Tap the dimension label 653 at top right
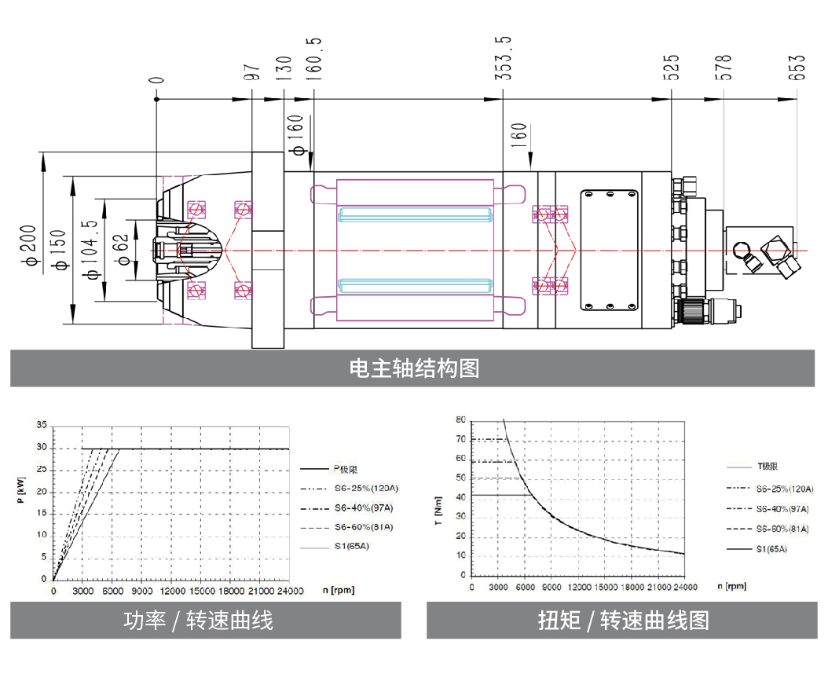(x=797, y=68)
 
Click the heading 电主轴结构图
(x=413, y=368)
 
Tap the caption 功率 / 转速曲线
(x=199, y=621)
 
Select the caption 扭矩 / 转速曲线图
(x=623, y=621)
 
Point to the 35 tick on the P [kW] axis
(x=42, y=425)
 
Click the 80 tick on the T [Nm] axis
(x=460, y=419)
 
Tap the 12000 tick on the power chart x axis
(x=172, y=591)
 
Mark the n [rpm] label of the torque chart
(x=732, y=586)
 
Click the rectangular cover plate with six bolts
(x=610, y=250)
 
